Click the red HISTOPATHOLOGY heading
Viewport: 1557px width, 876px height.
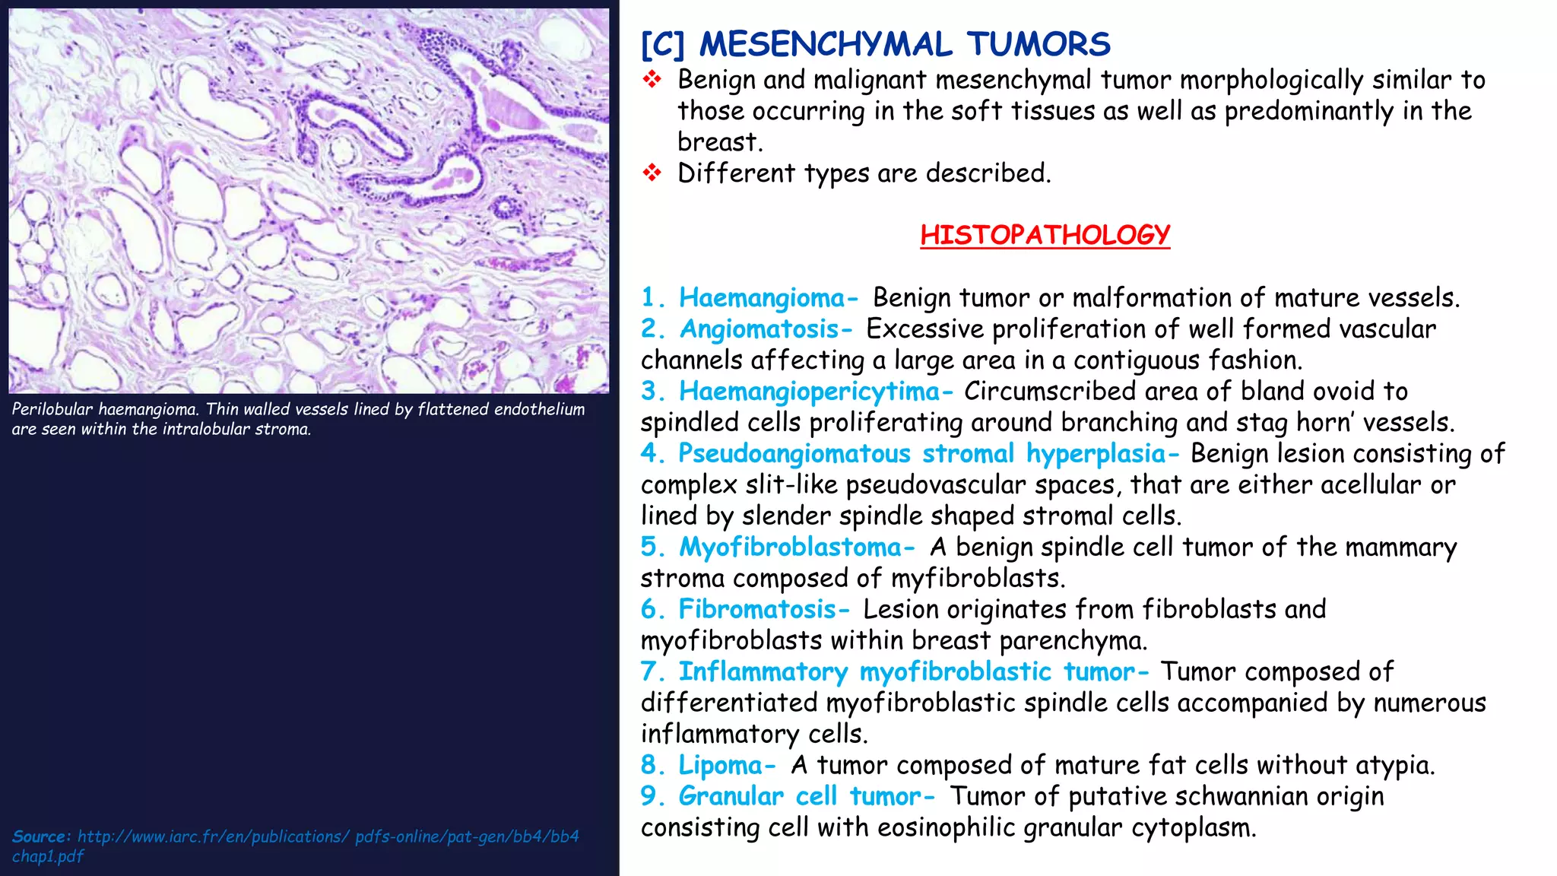pos(1045,234)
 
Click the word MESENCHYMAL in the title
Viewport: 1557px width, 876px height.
pos(825,44)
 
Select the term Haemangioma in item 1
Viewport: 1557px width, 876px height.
pos(762,297)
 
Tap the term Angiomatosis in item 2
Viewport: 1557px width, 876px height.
pos(759,328)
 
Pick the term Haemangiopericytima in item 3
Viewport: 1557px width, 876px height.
pos(810,391)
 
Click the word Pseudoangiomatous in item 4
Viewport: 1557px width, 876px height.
pos(794,453)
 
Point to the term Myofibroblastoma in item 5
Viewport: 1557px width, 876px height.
pos(790,547)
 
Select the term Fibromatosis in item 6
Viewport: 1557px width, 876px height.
pos(757,609)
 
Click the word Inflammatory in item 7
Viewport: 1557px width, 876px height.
pos(763,671)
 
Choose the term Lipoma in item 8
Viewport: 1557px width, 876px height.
pos(720,765)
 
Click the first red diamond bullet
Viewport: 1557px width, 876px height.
pos(652,79)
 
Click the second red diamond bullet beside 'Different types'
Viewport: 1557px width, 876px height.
pos(652,173)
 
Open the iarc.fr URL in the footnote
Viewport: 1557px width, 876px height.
pos(327,836)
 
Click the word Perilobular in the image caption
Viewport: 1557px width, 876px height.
pos(52,409)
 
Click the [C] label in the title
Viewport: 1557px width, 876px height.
pos(663,44)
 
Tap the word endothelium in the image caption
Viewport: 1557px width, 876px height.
pos(539,409)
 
